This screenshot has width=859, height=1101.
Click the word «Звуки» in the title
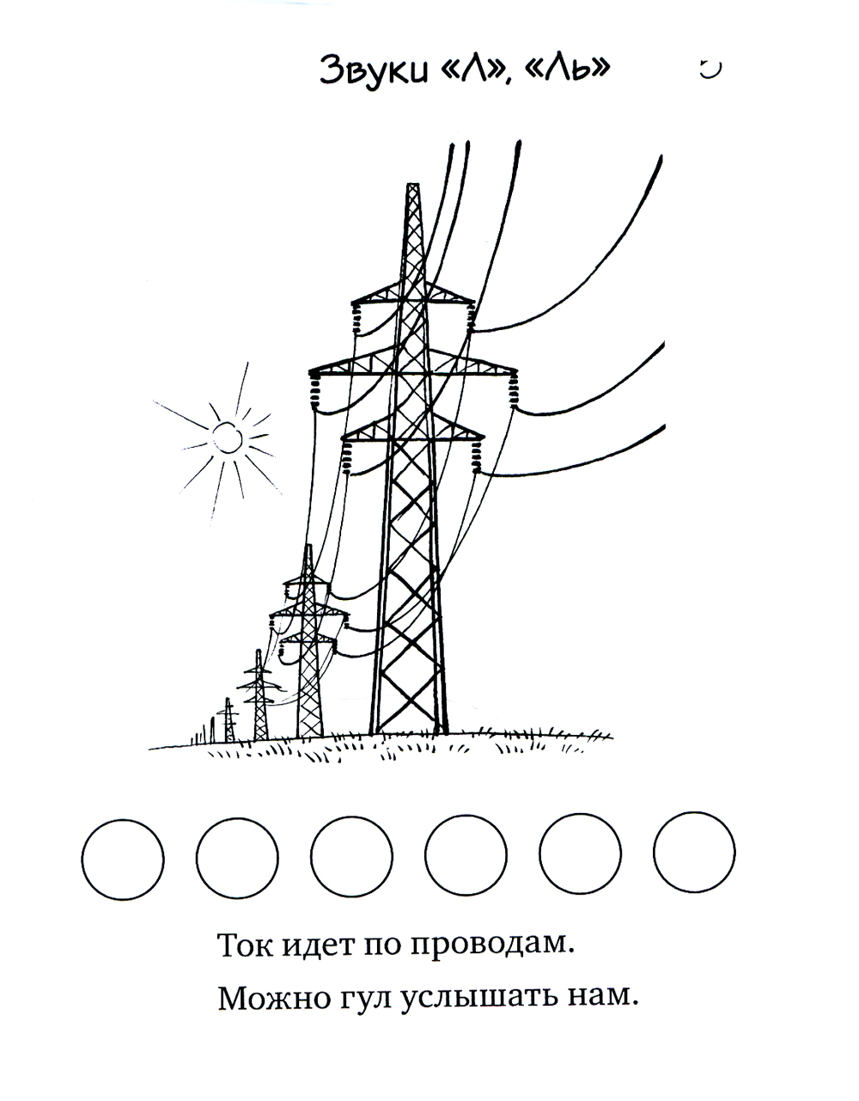click(x=374, y=70)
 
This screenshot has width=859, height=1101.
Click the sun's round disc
click(x=228, y=437)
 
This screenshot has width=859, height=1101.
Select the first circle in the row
click(x=123, y=859)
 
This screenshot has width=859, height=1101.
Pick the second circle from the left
click(x=237, y=859)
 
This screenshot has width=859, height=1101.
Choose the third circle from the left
click(x=352, y=857)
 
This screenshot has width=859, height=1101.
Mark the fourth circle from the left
click(x=466, y=855)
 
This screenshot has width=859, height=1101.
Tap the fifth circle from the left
click(x=580, y=853)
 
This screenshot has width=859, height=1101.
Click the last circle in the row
click(x=694, y=853)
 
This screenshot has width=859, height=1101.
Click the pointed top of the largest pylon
click(x=413, y=185)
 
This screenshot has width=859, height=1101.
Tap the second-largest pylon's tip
click(x=308, y=546)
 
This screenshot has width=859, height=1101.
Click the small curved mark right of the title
click(x=710, y=70)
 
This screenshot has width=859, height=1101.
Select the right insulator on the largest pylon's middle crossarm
click(x=514, y=389)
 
